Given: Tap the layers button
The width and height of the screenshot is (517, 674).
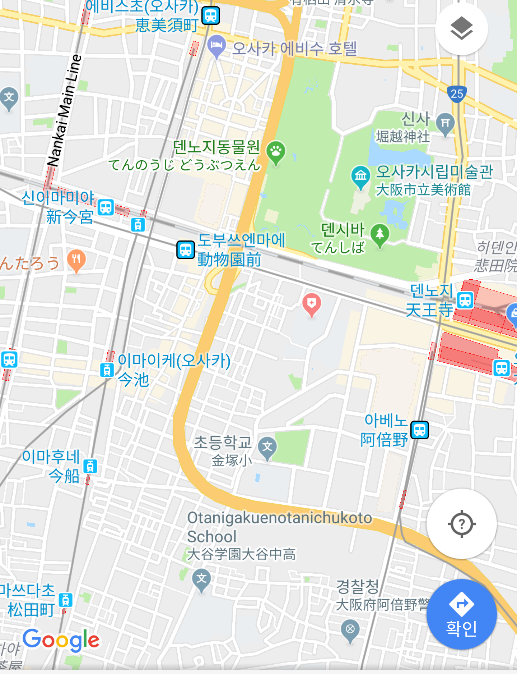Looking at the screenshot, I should pyautogui.click(x=461, y=29).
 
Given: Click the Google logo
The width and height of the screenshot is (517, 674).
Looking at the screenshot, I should pyautogui.click(x=61, y=640).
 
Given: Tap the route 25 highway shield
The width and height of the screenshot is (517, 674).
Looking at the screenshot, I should pyautogui.click(x=457, y=94).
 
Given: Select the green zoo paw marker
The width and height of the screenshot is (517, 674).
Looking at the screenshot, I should pyautogui.click(x=276, y=152).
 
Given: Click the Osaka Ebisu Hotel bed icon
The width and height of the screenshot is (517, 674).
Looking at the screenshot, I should pyautogui.click(x=216, y=45).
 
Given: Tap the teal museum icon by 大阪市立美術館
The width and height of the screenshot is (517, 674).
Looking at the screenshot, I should pyautogui.click(x=360, y=176).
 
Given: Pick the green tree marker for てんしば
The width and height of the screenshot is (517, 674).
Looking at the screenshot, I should pyautogui.click(x=379, y=234).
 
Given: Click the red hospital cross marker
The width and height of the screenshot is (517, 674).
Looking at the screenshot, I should pyautogui.click(x=312, y=304).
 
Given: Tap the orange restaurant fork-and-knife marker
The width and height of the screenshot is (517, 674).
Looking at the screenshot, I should pyautogui.click(x=76, y=259).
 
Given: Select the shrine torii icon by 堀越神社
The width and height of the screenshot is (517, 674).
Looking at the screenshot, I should pyautogui.click(x=445, y=123).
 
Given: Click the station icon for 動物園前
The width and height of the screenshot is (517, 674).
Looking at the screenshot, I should pyautogui.click(x=186, y=250).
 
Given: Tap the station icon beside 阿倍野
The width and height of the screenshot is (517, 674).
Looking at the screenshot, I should pyautogui.click(x=419, y=430).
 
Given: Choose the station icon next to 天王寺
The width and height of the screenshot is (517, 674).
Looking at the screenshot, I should pyautogui.click(x=465, y=300).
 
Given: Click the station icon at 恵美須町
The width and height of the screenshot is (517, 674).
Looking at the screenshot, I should pyautogui.click(x=211, y=16).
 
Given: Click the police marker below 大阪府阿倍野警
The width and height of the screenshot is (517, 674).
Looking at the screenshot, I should pyautogui.click(x=350, y=629).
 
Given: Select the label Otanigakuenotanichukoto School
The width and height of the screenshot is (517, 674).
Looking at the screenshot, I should pyautogui.click(x=279, y=527).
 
